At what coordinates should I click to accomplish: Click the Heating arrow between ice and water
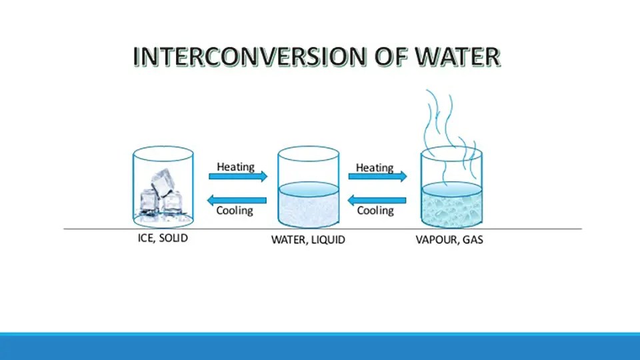(238, 176)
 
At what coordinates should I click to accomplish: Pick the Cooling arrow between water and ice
(238, 199)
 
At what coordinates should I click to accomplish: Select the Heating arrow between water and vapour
(377, 177)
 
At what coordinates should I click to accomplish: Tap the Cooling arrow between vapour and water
(377, 199)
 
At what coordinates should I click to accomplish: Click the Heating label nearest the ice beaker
(235, 166)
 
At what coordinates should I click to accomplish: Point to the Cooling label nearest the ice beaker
(235, 211)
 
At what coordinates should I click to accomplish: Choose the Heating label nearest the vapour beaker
(375, 167)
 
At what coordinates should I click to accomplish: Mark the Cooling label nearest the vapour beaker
(375, 211)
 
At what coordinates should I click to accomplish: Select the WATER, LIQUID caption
(308, 239)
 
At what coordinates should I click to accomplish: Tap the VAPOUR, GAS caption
(449, 239)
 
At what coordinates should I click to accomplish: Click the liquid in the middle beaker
(308, 207)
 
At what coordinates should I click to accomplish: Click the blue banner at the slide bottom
(320, 347)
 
